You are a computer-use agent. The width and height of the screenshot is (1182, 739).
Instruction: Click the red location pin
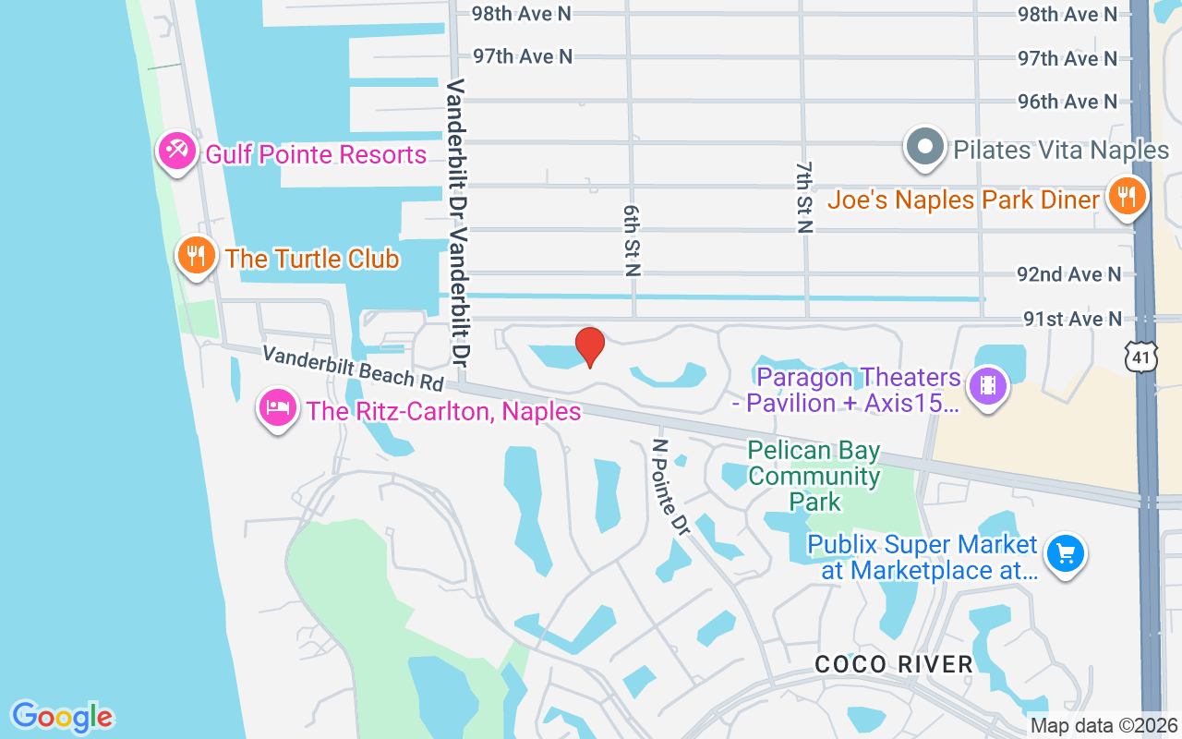590,347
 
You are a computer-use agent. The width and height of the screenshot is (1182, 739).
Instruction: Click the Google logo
62,717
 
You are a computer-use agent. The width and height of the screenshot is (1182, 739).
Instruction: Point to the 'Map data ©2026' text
1104,726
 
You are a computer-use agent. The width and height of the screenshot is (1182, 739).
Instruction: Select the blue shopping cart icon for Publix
1066,554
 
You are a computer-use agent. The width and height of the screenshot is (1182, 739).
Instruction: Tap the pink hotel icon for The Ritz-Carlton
278,406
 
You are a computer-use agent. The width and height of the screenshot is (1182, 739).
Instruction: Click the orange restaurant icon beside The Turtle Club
195,254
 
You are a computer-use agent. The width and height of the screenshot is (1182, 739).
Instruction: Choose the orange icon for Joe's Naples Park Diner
1126,196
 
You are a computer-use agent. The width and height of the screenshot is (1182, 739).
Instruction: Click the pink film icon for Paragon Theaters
988,385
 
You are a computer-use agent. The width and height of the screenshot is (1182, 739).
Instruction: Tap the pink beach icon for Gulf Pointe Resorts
175,150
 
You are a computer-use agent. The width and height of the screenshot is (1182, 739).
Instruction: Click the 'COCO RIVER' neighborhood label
894,664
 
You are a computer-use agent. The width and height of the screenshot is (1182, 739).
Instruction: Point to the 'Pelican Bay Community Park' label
814,477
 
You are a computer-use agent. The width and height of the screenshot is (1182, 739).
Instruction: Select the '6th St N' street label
632,240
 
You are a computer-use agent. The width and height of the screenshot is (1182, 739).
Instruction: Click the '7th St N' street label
802,196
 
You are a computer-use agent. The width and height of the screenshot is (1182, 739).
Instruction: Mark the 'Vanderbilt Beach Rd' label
352,367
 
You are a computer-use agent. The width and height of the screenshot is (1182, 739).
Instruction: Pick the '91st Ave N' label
1072,319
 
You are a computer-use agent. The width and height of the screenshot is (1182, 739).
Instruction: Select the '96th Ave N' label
1067,101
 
